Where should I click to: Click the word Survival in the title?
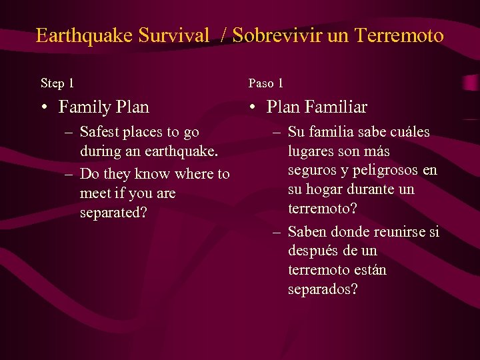click(x=174, y=35)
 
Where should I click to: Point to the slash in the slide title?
click(x=224, y=36)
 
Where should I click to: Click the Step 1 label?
click(x=57, y=83)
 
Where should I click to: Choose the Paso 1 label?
click(x=266, y=83)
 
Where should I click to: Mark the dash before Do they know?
click(x=69, y=174)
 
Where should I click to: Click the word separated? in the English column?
click(x=113, y=213)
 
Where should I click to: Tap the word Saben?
click(x=307, y=231)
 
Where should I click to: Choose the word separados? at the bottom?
click(x=323, y=289)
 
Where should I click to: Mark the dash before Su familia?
click(x=277, y=131)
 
